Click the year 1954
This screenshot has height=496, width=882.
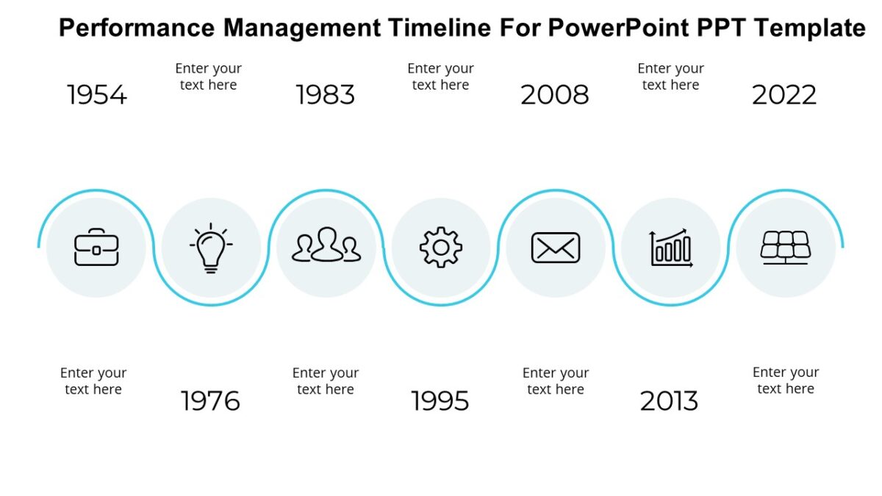pos(97,95)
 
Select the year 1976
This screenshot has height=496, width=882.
pos(211,401)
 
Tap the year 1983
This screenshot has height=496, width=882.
pos(326,95)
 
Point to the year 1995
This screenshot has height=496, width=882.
pos(440,401)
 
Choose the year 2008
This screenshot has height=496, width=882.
pos(555,95)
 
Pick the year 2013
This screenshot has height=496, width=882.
pos(670,401)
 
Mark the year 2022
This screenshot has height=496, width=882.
pos(784,95)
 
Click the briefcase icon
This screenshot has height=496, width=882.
pos(96,247)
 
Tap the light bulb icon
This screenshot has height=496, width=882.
pos(211,248)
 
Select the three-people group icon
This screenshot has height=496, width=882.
pos(326,245)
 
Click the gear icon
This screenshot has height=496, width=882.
pos(441,248)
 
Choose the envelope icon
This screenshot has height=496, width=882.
pos(556,248)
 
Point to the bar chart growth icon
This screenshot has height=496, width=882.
pos(670,248)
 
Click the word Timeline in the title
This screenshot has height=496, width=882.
pos(438,28)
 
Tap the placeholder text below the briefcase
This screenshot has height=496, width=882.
pos(93,381)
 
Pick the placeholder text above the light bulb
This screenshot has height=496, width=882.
pos(208,76)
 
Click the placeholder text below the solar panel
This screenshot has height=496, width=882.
pos(786,381)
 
